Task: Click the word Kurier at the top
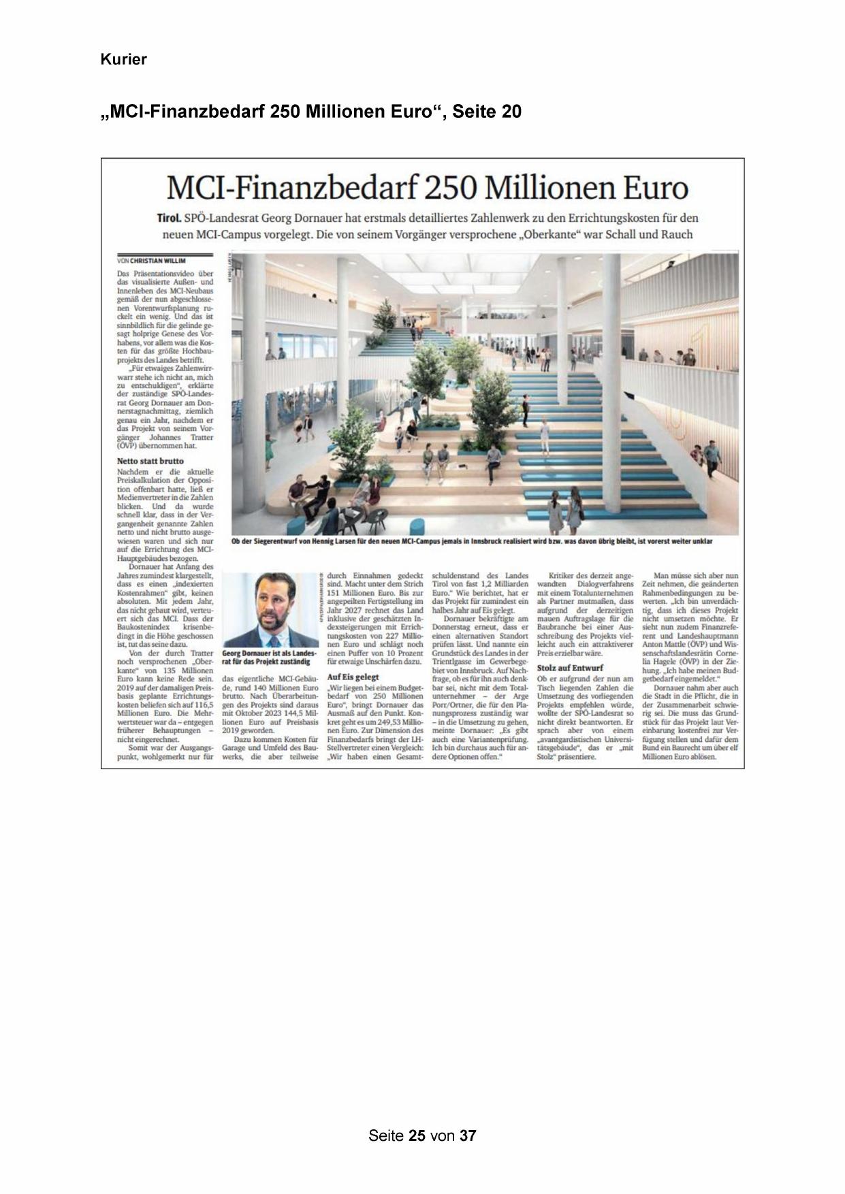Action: [x=123, y=60]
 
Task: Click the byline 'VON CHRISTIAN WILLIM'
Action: [x=151, y=261]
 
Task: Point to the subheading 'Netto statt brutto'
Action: [x=150, y=461]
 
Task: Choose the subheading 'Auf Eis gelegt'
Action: [x=353, y=677]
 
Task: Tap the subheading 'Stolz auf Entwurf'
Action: [x=570, y=668]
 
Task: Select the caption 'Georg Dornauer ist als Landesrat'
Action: [x=270, y=653]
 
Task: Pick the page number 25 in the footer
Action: [x=417, y=1135]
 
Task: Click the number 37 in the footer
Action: [x=468, y=1135]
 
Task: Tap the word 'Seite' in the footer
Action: [x=386, y=1135]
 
